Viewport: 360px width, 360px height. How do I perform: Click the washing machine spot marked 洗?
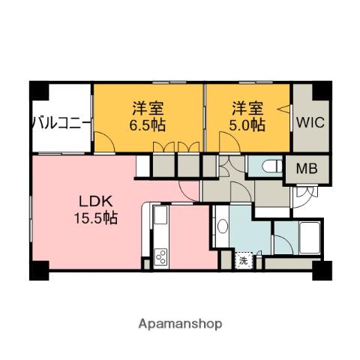(x=244, y=261)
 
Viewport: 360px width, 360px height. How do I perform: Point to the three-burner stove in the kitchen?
(x=160, y=258)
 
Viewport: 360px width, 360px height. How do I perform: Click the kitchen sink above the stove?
(x=160, y=218)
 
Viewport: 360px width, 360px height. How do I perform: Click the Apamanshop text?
(x=181, y=324)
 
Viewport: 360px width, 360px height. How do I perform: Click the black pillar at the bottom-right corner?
(x=322, y=269)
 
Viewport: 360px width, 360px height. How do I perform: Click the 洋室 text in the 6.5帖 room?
(x=148, y=107)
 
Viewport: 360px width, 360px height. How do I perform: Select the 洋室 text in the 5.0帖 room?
(x=247, y=107)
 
